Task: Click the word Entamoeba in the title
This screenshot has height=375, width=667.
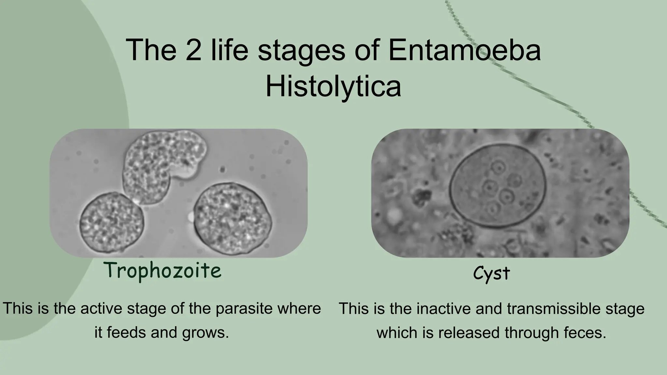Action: point(464,50)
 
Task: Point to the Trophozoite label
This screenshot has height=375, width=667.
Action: point(163,271)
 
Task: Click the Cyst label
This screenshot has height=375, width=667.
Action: point(491,273)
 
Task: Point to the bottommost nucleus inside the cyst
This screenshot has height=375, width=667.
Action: point(493,208)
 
